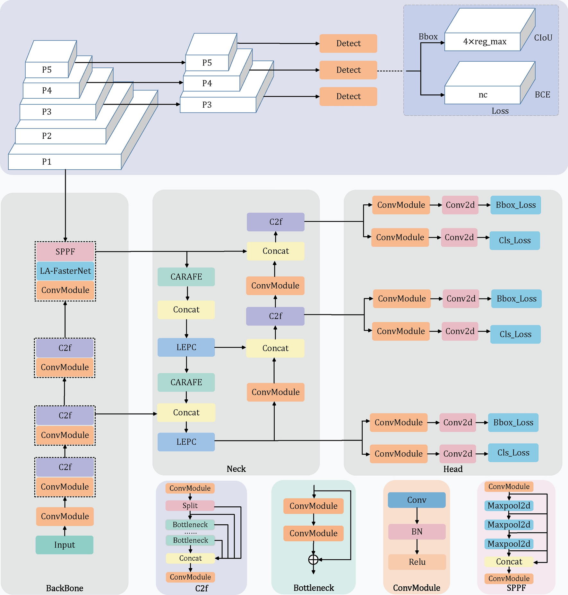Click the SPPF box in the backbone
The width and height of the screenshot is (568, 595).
[65, 252]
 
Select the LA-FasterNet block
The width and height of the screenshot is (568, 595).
[65, 271]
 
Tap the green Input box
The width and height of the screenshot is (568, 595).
[65, 545]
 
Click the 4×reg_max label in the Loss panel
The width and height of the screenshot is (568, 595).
[485, 41]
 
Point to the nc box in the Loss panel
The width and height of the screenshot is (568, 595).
[482, 95]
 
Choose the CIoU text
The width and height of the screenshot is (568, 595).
[543, 38]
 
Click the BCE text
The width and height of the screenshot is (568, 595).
[542, 95]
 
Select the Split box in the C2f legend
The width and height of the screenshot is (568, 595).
[190, 506]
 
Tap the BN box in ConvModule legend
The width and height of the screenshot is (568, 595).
[417, 532]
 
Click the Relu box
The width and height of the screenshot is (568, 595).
[417, 562]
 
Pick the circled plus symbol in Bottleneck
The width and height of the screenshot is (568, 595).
[313, 560]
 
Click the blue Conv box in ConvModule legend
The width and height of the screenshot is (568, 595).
[417, 500]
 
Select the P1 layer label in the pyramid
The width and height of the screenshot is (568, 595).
[47, 162]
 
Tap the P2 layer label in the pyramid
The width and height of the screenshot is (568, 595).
[47, 136]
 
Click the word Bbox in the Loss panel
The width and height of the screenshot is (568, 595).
[428, 37]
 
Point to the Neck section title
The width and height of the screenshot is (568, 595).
[236, 469]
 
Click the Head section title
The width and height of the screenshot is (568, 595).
[453, 469]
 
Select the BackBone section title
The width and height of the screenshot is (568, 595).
[65, 588]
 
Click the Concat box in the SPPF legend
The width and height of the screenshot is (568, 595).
[509, 562]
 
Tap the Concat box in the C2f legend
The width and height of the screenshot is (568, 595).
[190, 558]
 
